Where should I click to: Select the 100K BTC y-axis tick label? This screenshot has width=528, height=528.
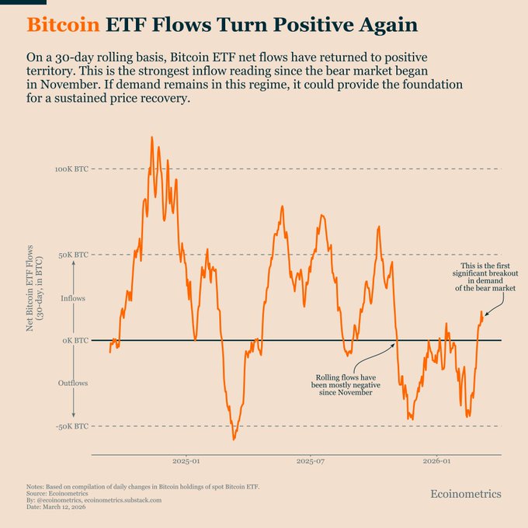(71, 168)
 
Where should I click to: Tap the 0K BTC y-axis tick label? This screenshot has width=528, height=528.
(76, 340)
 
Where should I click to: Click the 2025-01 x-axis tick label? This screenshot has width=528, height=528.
(186, 461)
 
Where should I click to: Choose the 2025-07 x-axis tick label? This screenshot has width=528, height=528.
(311, 461)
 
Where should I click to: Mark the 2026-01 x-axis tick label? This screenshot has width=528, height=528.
(436, 461)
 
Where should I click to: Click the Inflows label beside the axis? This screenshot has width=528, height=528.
(74, 298)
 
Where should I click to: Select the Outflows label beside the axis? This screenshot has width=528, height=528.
(74, 384)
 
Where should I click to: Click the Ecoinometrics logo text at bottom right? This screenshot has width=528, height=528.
(466, 494)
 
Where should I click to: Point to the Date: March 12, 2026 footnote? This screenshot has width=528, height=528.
(60, 507)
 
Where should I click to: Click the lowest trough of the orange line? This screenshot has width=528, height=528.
(234, 439)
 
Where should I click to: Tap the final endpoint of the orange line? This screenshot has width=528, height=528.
(482, 312)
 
